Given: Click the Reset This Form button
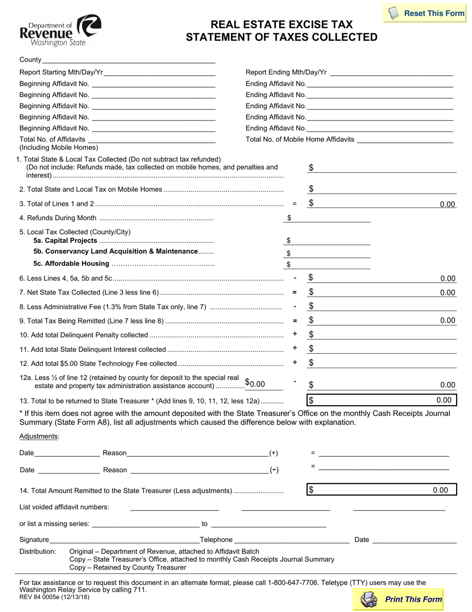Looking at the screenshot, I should pos(426,13).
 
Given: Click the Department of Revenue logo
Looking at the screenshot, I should pos(60,30).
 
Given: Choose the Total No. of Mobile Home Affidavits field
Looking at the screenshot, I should pos(405,139).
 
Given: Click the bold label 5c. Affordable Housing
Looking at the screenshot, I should pos(71,263).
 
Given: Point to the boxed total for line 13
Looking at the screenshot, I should pos(381,400).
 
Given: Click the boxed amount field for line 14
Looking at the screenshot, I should pos(381,490).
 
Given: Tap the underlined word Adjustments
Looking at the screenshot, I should pos(39,436).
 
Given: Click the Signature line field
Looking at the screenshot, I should pos(124,539).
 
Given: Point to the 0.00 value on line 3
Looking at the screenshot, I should pos(447,204).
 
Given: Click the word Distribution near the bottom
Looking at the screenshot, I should pos(37,551).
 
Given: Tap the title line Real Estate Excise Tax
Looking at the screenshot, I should pos(282,24).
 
